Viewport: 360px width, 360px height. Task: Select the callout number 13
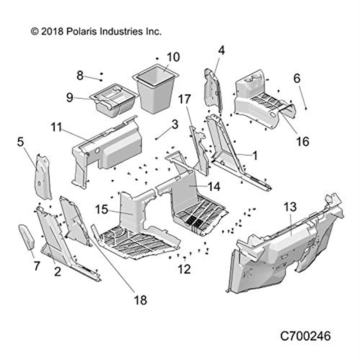(290, 207)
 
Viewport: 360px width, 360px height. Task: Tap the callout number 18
(140, 300)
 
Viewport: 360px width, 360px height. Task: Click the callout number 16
(303, 141)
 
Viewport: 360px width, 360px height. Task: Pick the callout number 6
(297, 78)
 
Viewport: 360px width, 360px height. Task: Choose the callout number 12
(184, 269)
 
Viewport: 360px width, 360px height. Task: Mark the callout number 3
(175, 125)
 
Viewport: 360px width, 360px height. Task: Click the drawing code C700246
(305, 336)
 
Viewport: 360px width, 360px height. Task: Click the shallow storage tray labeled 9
(113, 99)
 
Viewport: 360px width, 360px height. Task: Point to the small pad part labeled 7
(27, 238)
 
